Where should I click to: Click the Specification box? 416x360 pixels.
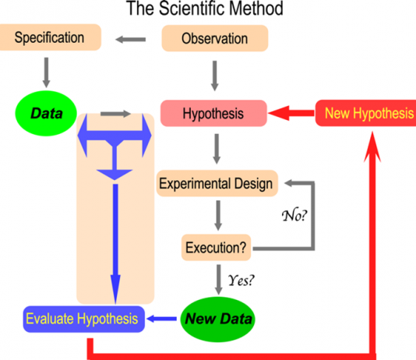coord(50,37)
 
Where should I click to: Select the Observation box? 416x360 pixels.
coord(215,38)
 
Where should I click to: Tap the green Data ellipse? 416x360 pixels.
coord(46,113)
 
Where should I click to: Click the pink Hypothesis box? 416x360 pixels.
coord(213,113)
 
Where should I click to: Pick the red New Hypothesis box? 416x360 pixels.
coord(366,113)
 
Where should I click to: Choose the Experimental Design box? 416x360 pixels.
coord(217,183)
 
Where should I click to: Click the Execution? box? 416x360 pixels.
coord(216,248)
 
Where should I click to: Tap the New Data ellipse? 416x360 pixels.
coord(217,319)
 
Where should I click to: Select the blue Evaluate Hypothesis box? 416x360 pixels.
coord(84,319)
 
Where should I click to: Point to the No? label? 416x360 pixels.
coord(294,215)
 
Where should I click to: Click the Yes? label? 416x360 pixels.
coord(241,281)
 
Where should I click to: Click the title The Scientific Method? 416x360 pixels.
coord(205,9)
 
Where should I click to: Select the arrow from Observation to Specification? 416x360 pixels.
coord(131,40)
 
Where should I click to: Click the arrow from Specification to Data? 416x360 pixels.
coord(47,72)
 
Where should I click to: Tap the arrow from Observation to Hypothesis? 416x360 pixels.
coord(215,76)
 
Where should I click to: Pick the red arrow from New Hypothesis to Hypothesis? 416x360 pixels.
coord(291,113)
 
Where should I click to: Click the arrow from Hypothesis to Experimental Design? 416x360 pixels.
coord(217,149)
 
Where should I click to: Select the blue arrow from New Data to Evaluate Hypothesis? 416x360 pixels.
coord(161,319)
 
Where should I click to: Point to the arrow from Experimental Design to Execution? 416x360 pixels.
coord(218,215)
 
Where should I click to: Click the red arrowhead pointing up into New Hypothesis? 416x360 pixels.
coord(372,146)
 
